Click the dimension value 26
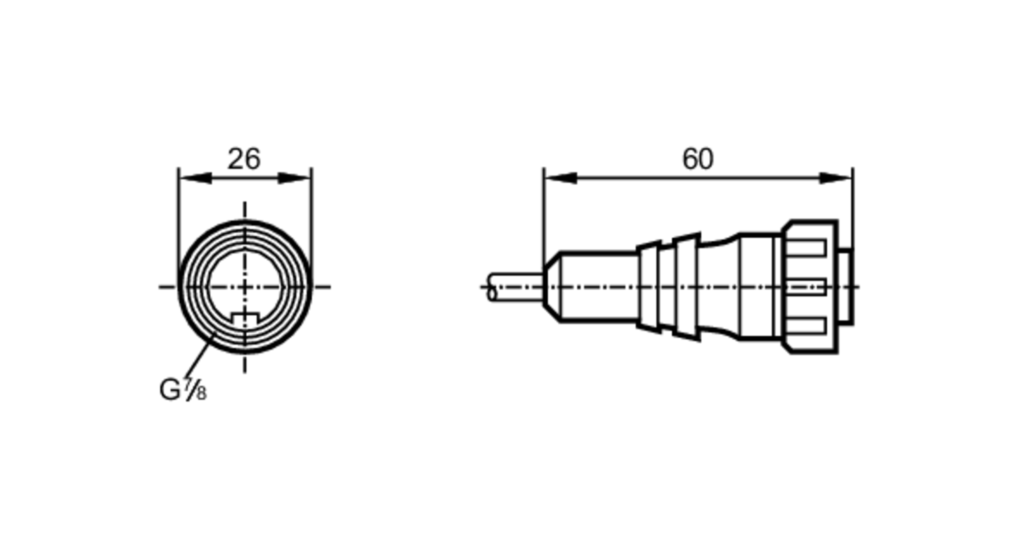coord(244,159)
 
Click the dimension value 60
coord(698,159)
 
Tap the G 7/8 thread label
coord(183,390)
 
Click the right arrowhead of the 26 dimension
coord(294,178)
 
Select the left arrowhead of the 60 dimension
coord(560,178)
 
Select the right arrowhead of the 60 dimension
coord(836,178)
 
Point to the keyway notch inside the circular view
coord(245,317)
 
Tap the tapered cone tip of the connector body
coord(552,287)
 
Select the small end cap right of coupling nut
coord(845,287)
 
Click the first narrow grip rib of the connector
coord(649,287)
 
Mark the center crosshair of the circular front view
coord(245,287)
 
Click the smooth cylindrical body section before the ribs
coord(599,287)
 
